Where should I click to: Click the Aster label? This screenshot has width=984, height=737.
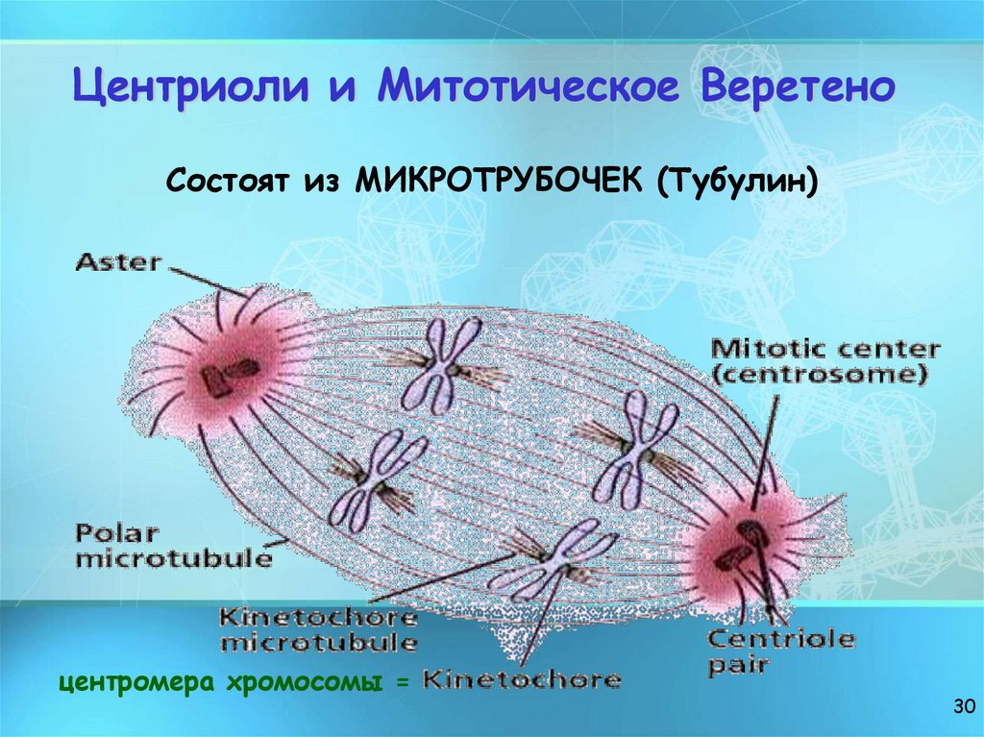click(117, 261)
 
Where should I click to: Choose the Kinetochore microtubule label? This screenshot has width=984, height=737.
click(318, 628)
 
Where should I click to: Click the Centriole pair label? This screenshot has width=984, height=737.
click(780, 651)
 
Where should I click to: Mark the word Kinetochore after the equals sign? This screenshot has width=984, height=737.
click(522, 680)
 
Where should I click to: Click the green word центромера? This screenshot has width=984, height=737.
click(136, 683)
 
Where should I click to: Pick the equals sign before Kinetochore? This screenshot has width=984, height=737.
click(404, 683)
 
